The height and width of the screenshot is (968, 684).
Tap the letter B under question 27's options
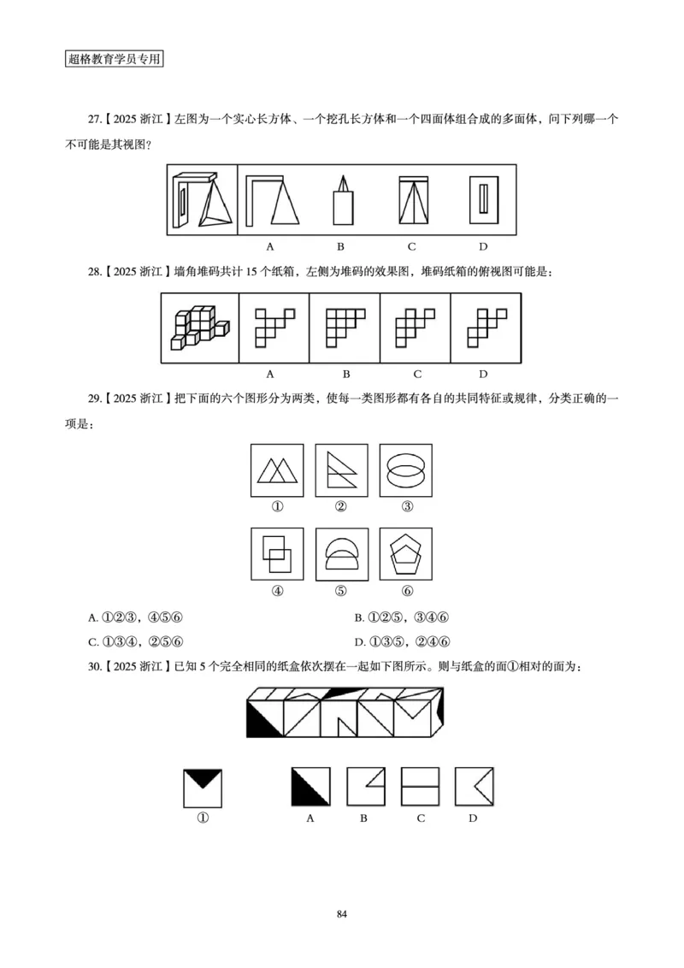coord(340,247)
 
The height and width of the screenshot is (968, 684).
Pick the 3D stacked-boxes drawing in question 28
coord(200,328)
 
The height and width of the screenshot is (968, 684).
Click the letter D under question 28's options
coord(483,374)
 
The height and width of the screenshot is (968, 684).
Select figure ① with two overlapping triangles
coord(277,469)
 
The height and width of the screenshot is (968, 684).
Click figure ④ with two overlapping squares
coord(277,553)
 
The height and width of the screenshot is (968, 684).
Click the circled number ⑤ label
coord(341,590)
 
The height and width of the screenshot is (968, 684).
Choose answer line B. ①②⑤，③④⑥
coord(402,617)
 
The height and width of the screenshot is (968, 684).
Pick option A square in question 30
coord(311,788)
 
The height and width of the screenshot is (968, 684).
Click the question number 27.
coord(95,121)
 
